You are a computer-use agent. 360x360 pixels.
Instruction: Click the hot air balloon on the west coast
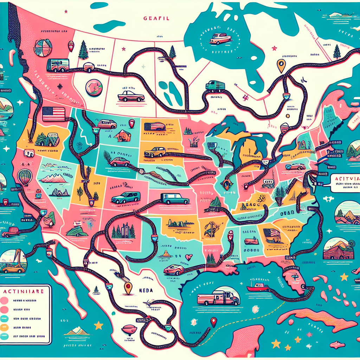25,176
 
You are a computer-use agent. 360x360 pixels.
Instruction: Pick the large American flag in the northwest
53,114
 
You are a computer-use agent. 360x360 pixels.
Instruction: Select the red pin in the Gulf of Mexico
213,322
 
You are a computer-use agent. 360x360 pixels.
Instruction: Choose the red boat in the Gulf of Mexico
257,287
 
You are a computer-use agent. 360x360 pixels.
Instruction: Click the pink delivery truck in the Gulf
218,298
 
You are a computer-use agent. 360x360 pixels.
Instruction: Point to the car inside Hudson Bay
220,38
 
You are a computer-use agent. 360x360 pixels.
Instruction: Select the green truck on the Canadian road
215,85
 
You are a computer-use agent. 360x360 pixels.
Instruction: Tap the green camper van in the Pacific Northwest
58,65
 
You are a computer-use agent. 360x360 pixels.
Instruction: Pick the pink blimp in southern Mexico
129,329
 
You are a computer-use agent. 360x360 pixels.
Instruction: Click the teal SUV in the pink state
126,198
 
